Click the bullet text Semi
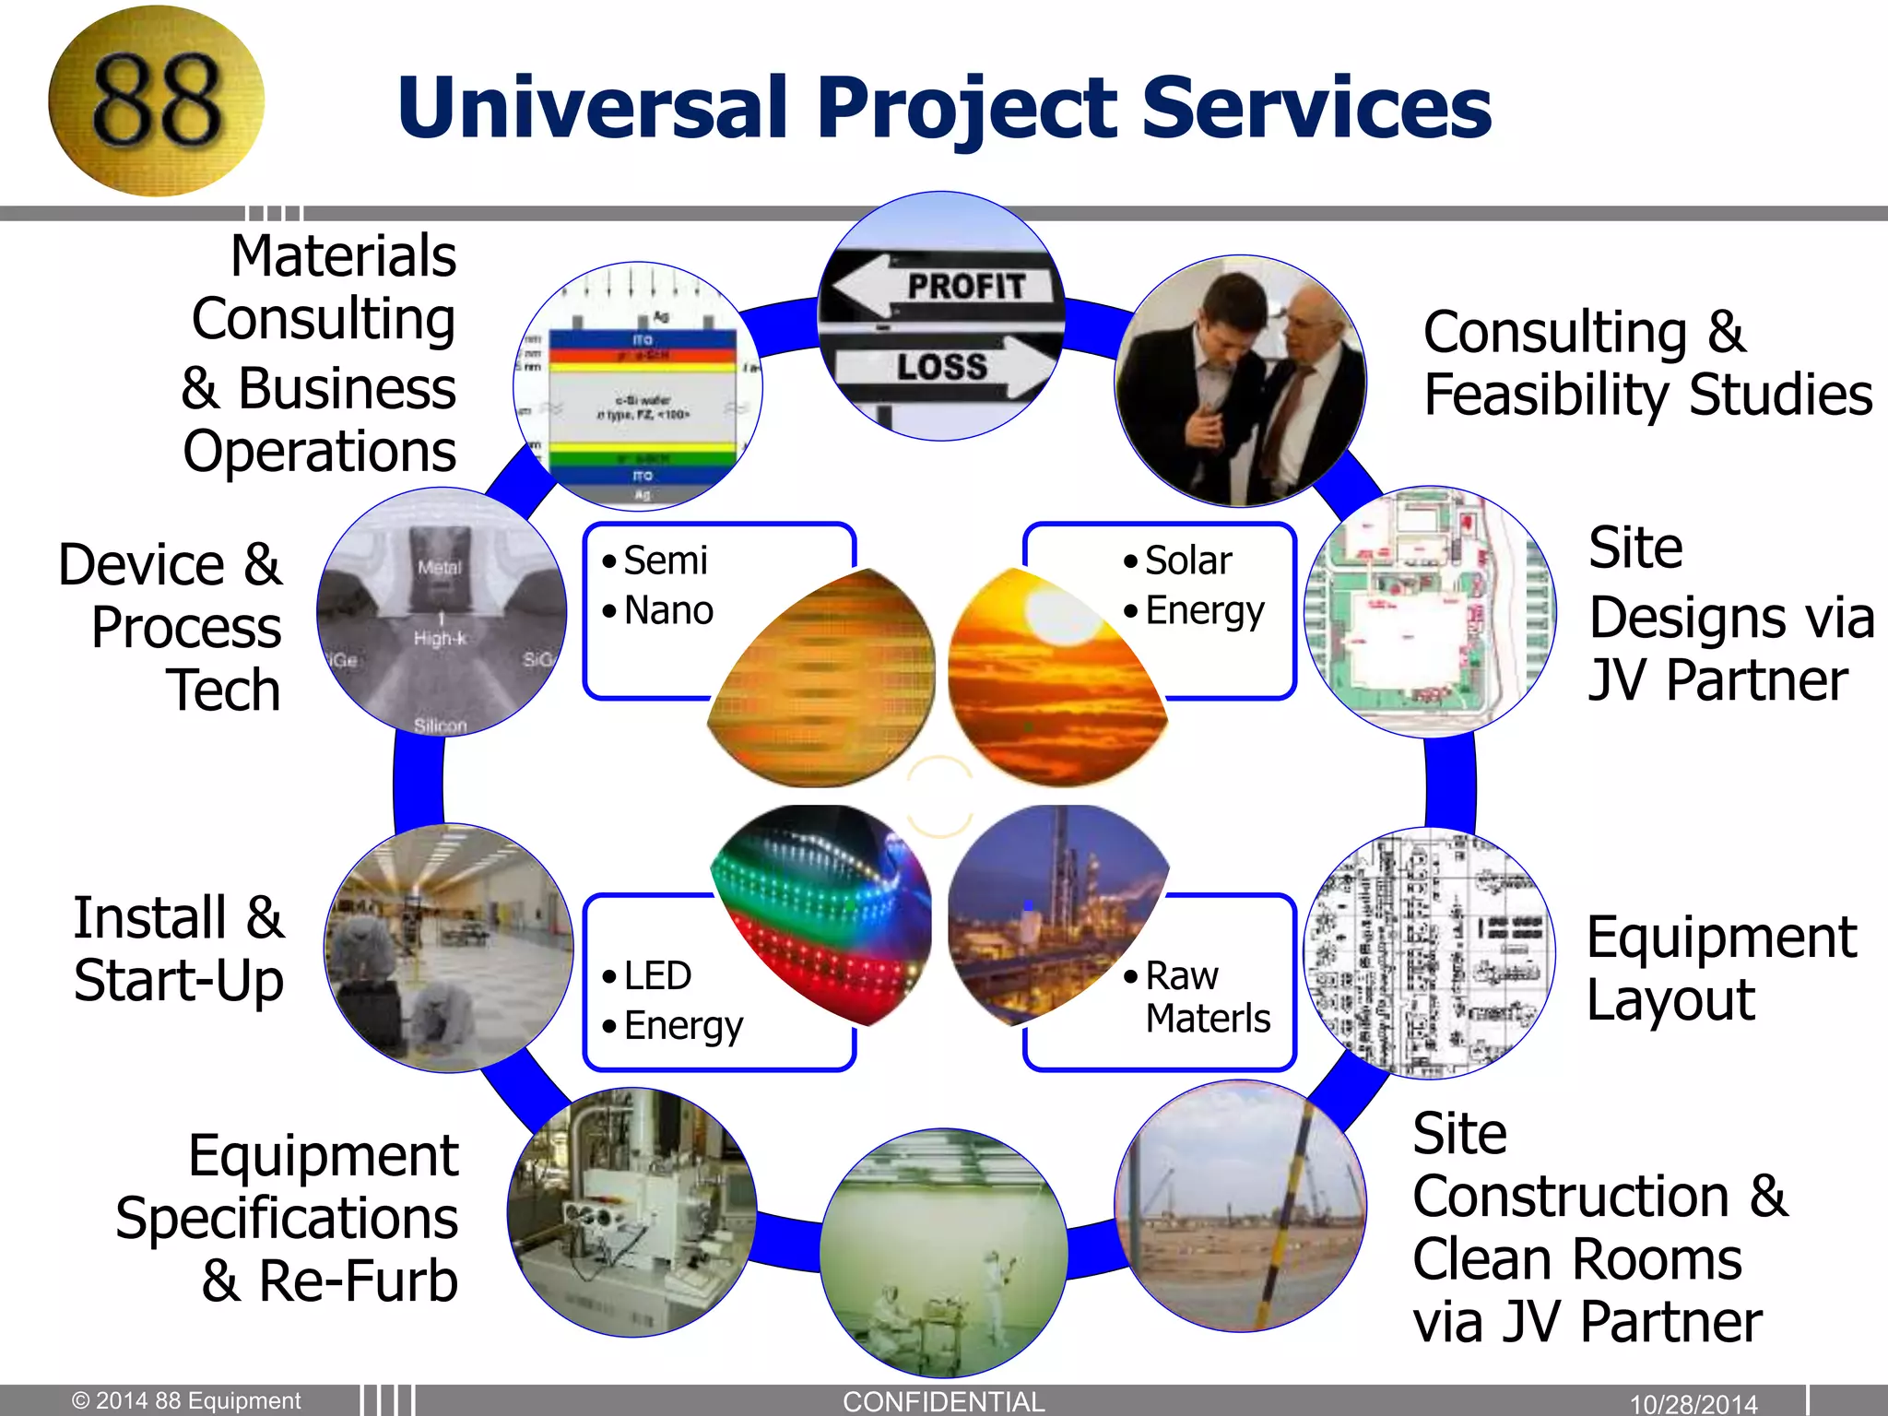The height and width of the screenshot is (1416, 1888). pyautogui.click(x=665, y=560)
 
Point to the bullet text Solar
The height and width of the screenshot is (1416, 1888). pyautogui.click(x=1187, y=560)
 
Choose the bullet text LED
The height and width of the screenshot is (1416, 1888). pyautogui.click(x=656, y=975)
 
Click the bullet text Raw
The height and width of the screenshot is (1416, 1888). pyautogui.click(x=1181, y=975)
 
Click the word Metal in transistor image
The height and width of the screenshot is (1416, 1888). pyautogui.click(x=439, y=568)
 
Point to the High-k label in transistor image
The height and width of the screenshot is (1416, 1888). pyautogui.click(x=440, y=638)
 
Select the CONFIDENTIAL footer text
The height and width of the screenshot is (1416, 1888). pyautogui.click(x=943, y=1401)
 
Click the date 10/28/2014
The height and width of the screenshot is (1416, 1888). pyautogui.click(x=1693, y=1404)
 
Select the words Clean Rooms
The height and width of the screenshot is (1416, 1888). pyautogui.click(x=1576, y=1259)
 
